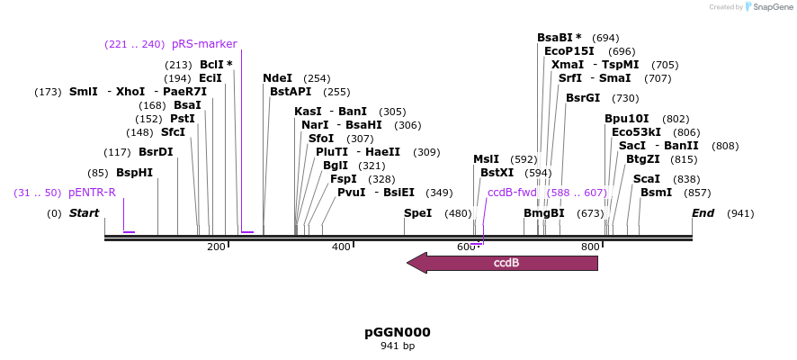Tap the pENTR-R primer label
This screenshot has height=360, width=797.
pyautogui.click(x=92, y=193)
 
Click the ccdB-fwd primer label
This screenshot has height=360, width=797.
pyautogui.click(x=512, y=193)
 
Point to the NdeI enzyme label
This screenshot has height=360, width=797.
pyautogui.click(x=277, y=78)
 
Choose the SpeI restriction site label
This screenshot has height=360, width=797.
pyautogui.click(x=417, y=213)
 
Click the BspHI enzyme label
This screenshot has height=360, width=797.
pyautogui.click(x=134, y=173)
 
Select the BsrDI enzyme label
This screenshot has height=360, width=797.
pyautogui.click(x=156, y=152)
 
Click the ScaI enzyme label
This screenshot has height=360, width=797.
pyautogui.click(x=647, y=179)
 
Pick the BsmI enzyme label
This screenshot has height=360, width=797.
pyautogui.click(x=656, y=193)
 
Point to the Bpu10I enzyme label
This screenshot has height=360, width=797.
pyautogui.click(x=627, y=119)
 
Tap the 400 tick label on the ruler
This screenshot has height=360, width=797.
pyautogui.click(x=341, y=247)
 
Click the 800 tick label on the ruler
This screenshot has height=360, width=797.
pyautogui.click(x=590, y=247)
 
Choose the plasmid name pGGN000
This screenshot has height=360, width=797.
pyautogui.click(x=398, y=332)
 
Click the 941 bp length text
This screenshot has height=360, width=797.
pyautogui.click(x=398, y=346)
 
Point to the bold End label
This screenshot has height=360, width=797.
pyautogui.click(x=703, y=213)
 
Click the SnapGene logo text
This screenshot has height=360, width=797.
pyautogui.click(x=767, y=7)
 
